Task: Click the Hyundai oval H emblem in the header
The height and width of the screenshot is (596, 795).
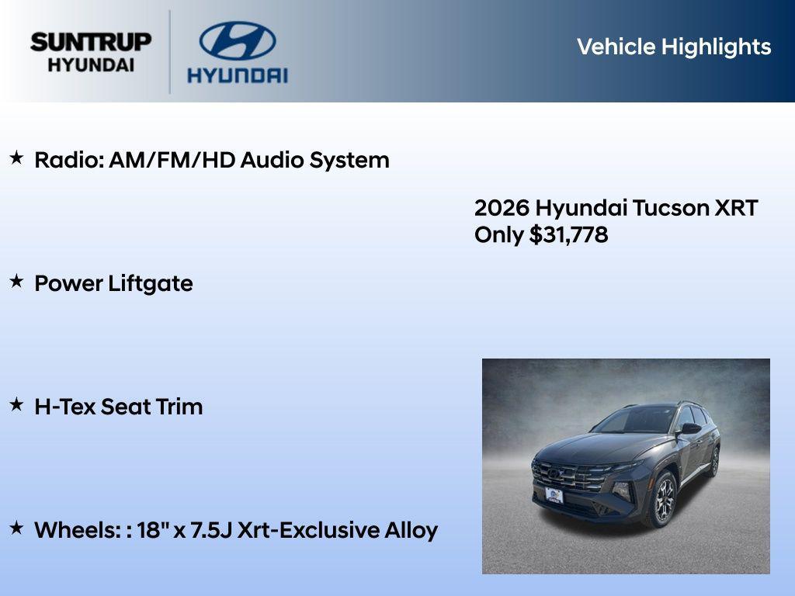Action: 237,40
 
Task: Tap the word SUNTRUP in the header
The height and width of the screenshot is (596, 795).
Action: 91,42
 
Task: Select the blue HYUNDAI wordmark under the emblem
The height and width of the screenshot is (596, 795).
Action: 237,75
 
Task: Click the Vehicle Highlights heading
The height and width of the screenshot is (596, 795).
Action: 673,47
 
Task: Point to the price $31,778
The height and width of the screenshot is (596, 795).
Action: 568,234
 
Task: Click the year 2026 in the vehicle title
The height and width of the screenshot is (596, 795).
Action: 502,208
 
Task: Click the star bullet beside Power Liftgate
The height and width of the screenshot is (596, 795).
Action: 16,282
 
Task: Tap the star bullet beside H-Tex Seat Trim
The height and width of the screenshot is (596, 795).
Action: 16,405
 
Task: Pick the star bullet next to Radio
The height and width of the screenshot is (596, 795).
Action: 16,158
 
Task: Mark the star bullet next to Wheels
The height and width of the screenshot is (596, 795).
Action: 16,528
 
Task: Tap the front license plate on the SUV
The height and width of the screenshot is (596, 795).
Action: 554,495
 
